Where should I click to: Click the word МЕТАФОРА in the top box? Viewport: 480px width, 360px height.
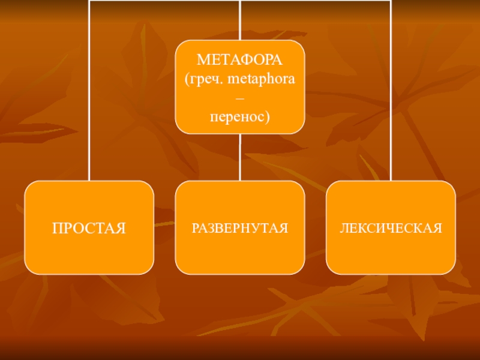pyautogui.click(x=240, y=60)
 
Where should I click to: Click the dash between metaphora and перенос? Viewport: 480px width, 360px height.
pyautogui.click(x=240, y=97)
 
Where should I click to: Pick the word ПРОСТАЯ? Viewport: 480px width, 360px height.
pyautogui.click(x=89, y=228)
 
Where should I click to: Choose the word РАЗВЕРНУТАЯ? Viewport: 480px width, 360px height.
pyautogui.click(x=240, y=228)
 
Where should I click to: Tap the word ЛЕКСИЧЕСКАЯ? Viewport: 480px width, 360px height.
pyautogui.click(x=391, y=228)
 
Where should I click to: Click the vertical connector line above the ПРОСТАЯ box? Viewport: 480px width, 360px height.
pyautogui.click(x=89, y=90)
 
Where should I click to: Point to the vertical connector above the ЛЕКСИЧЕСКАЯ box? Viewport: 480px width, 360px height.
pyautogui.click(x=391, y=90)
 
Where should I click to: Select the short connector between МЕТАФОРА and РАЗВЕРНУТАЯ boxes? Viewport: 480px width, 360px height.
pyautogui.click(x=240, y=157)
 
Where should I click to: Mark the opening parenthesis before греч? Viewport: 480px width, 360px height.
pyautogui.click(x=187, y=79)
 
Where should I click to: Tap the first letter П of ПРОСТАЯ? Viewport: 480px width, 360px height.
pyautogui.click(x=56, y=228)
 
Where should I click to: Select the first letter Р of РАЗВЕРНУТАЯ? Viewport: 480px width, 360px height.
pyautogui.click(x=194, y=228)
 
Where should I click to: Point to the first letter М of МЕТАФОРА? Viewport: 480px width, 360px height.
pyautogui.click(x=202, y=60)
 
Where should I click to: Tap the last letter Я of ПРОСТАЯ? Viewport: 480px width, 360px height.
pyautogui.click(x=121, y=228)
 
